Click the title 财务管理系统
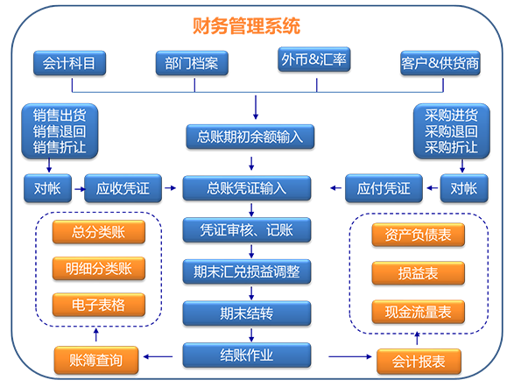click(x=246, y=26)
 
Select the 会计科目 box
click(x=69, y=63)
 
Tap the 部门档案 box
click(x=192, y=63)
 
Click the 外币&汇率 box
click(x=314, y=60)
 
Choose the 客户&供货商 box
click(x=440, y=63)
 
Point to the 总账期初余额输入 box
click(x=250, y=137)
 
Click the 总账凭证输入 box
click(x=247, y=188)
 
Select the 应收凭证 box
click(x=123, y=188)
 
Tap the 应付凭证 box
click(x=384, y=188)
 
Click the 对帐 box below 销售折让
click(x=47, y=188)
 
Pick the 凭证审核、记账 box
click(x=247, y=229)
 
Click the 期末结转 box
click(x=247, y=313)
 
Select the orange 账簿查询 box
click(x=96, y=360)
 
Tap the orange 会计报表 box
click(x=419, y=362)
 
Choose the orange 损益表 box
click(x=419, y=273)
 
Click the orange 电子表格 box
click(x=99, y=305)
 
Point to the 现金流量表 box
click(x=419, y=312)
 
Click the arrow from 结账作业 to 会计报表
click(x=350, y=356)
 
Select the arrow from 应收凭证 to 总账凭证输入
click(x=170, y=187)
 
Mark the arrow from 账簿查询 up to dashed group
click(x=95, y=334)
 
